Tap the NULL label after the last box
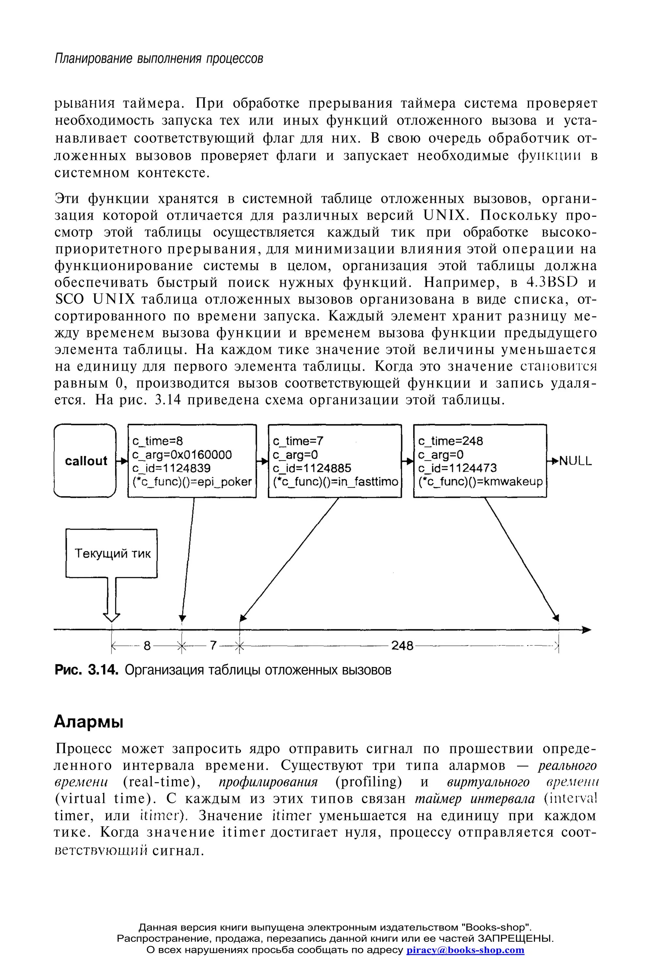click(575, 461)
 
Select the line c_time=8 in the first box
click(158, 441)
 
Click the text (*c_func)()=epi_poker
click(192, 482)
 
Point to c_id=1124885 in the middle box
click(312, 468)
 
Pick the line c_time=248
click(450, 441)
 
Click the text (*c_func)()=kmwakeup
click(480, 482)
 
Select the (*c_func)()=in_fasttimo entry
click(335, 482)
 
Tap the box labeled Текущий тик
click(112, 553)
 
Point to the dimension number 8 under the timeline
click(147, 646)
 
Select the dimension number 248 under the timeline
click(402, 646)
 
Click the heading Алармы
click(89, 722)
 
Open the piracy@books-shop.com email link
click(465, 950)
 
